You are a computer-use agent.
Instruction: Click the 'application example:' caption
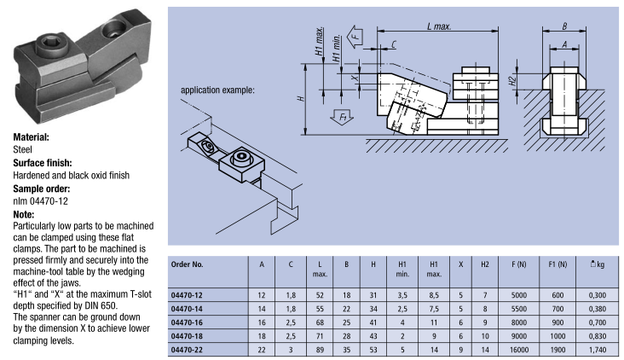[217, 89]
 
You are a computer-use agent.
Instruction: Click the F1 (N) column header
[558, 264]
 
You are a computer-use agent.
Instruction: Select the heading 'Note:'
[25, 215]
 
